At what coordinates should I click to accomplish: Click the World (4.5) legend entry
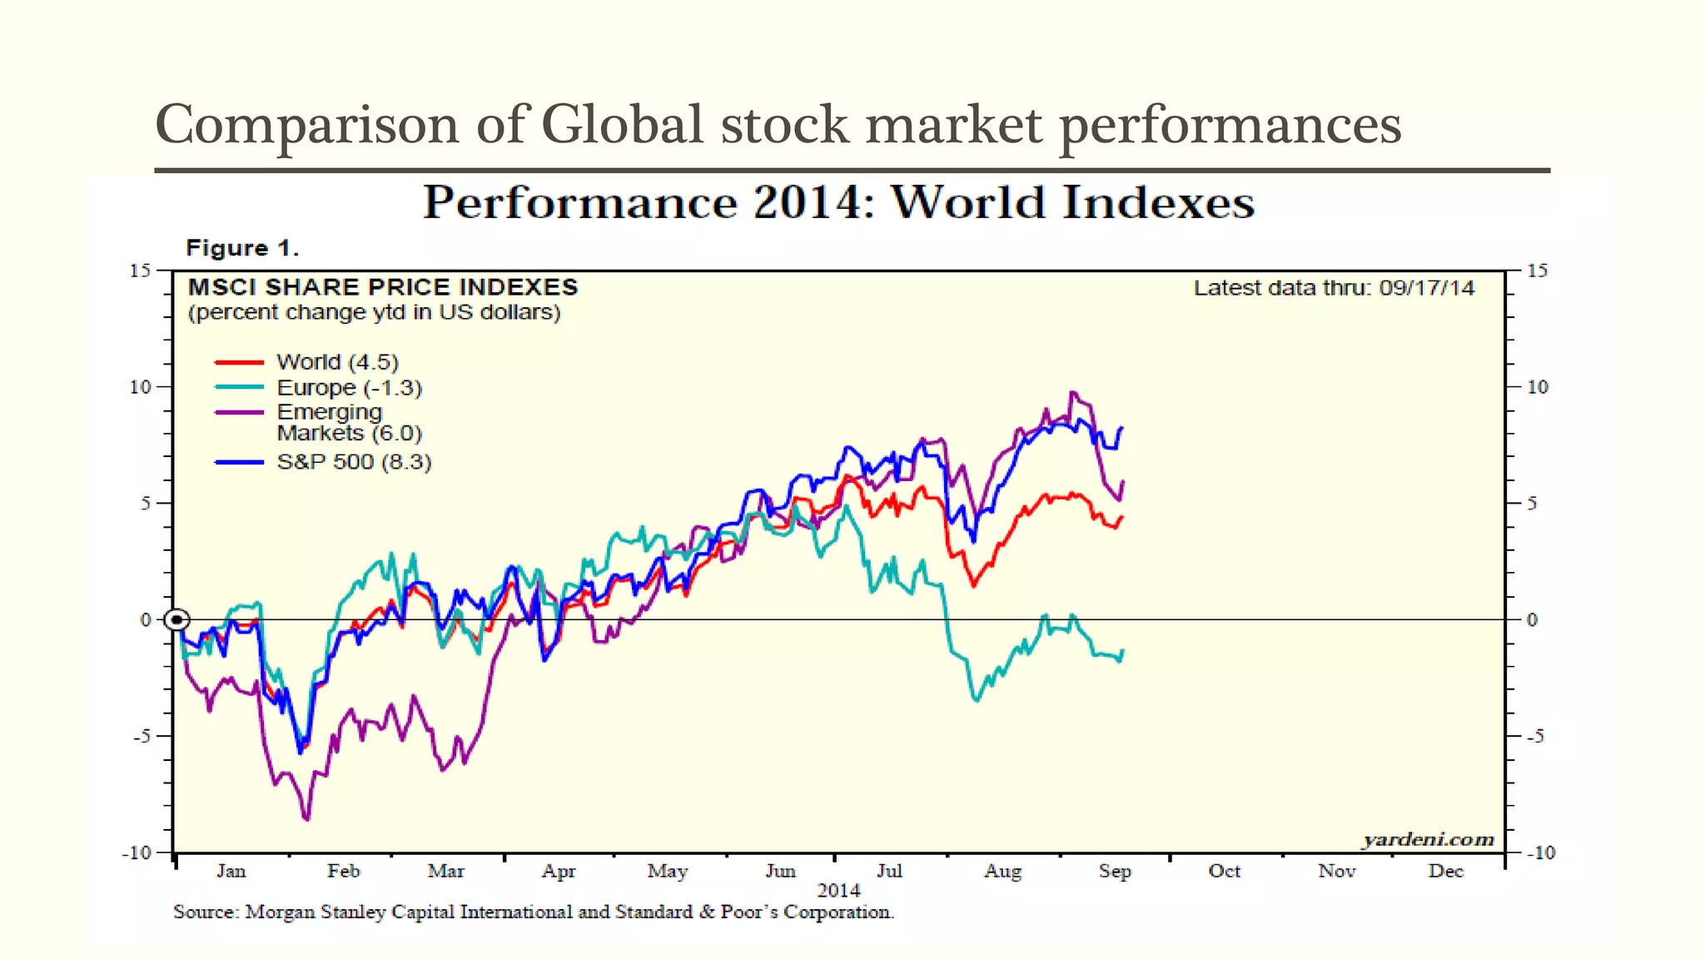coord(337,362)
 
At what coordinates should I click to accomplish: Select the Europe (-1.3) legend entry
coord(349,388)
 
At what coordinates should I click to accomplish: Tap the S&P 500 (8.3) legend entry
coord(354,462)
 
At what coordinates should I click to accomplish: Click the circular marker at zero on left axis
coord(176,619)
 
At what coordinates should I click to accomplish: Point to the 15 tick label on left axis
coord(140,271)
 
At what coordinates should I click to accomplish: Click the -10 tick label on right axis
coord(1540,852)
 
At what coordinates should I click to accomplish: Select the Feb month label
coord(343,871)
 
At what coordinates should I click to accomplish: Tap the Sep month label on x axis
coord(1114,871)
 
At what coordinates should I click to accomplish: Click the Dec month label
coord(1445,871)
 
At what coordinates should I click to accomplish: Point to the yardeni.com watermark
coord(1428,839)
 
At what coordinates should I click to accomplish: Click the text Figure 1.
coord(242,248)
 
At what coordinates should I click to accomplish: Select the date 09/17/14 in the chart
coord(1426,288)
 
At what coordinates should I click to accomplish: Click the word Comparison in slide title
coord(307,125)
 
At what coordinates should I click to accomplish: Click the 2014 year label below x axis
coord(838,891)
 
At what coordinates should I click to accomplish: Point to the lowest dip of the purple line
coord(307,820)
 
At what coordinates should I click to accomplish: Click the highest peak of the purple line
coord(1071,392)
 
